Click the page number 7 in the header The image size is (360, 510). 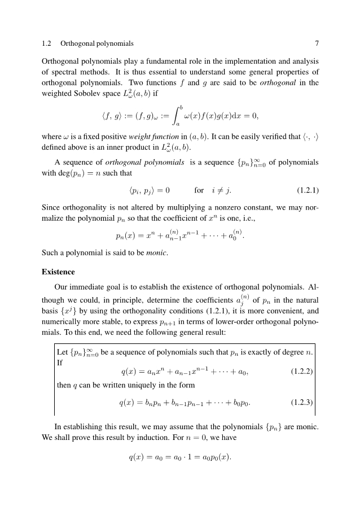(x=317, y=43)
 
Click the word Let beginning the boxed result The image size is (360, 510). (x=63, y=354)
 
